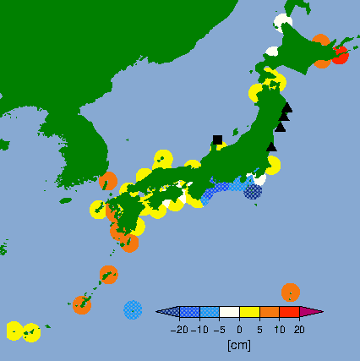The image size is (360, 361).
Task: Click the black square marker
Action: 217,139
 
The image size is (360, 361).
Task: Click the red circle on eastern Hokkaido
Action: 340,56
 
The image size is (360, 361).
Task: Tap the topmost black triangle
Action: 287,107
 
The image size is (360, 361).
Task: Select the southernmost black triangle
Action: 271,146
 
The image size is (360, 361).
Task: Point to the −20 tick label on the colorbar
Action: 179,330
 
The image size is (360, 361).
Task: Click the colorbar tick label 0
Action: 239,330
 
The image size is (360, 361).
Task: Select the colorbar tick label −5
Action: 218,330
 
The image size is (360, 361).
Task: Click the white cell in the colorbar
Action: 229,313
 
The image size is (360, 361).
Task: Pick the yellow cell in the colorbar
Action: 249,313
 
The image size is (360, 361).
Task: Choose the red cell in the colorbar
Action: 290,313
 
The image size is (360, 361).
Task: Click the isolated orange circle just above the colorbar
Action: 290,292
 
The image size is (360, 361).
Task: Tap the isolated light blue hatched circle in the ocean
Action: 133,309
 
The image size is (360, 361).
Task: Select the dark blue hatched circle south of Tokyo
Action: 253,191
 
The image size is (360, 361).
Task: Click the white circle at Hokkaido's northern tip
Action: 282,22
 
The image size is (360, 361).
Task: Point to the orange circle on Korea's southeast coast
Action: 108,181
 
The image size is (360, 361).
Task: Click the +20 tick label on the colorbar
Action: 299,330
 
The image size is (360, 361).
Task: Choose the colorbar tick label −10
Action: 199,330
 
